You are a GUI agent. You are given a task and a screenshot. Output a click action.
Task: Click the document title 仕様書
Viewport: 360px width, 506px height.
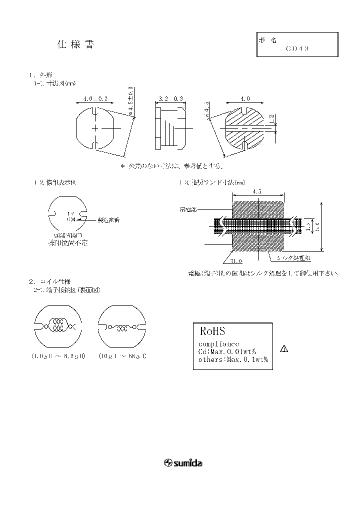pos(75,44)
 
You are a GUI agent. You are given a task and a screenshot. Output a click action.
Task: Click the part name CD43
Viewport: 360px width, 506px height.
pos(298,49)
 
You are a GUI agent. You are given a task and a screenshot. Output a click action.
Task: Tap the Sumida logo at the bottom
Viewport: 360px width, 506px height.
pos(183,463)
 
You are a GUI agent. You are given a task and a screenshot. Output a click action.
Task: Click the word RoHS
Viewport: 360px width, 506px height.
pos(213,332)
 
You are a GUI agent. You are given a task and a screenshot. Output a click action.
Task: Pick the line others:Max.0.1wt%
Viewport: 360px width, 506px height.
pos(232,359)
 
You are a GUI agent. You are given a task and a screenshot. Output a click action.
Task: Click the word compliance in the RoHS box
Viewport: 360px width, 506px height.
pos(218,344)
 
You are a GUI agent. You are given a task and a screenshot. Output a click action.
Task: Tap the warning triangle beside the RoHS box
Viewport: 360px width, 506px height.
pos(283,348)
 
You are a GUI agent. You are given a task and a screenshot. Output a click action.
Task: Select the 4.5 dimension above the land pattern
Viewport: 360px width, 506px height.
pos(257,191)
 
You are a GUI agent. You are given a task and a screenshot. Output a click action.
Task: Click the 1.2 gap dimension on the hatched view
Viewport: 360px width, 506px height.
pos(271,119)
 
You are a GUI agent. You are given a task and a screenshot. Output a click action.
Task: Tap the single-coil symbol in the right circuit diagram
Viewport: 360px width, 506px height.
pos(122,327)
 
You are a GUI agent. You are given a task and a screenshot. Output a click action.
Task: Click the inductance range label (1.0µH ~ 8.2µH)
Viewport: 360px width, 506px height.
pos(58,356)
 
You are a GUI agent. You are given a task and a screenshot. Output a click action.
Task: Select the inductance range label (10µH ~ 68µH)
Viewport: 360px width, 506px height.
pos(122,356)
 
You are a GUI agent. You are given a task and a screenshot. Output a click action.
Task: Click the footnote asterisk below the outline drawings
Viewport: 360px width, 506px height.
pos(122,165)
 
